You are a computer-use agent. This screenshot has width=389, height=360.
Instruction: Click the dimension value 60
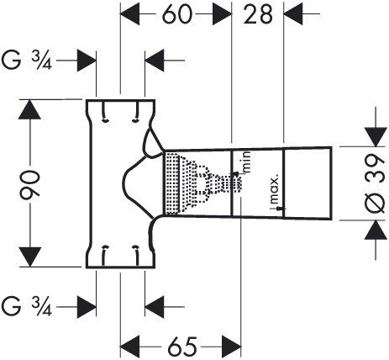tap(177, 14)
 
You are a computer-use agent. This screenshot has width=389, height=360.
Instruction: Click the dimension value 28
tap(258, 14)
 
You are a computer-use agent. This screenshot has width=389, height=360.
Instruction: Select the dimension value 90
tap(29, 183)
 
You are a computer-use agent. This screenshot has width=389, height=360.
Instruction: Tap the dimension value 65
tap(182, 347)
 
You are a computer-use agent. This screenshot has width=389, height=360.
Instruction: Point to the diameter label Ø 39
tap(374, 183)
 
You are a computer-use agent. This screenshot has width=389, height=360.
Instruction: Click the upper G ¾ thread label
tap(27, 61)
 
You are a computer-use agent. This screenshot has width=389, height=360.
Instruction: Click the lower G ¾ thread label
tap(27, 306)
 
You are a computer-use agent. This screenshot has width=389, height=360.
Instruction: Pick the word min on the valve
tap(246, 162)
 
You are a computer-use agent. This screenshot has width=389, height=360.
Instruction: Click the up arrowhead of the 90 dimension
tap(29, 109)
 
